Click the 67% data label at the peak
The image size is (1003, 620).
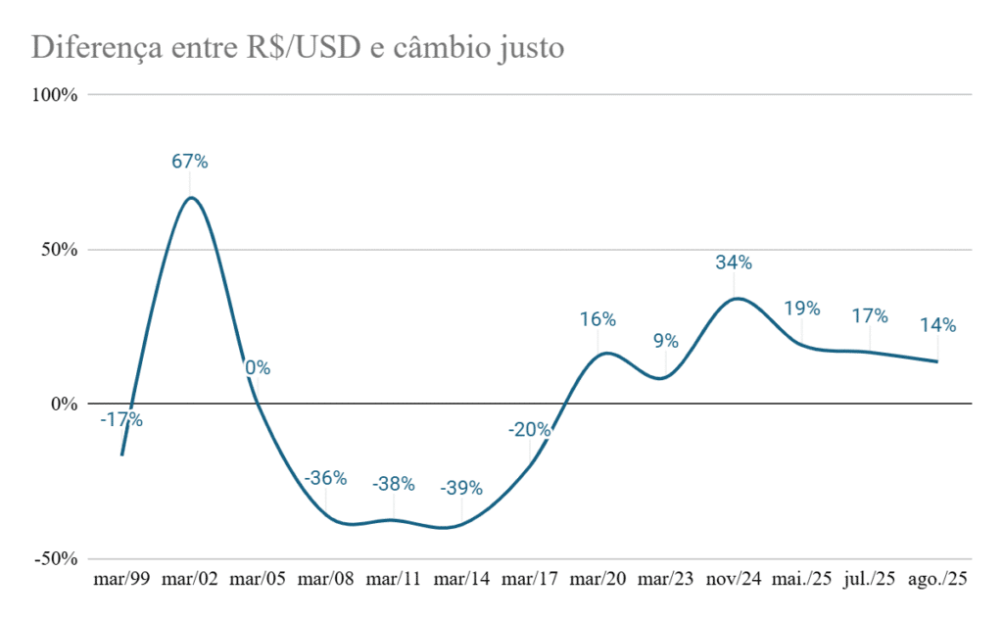(190, 162)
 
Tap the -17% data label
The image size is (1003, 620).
(121, 420)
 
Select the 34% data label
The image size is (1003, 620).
(734, 262)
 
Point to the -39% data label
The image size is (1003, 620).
(461, 488)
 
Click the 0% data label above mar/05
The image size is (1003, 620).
(258, 368)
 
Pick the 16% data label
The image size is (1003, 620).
(597, 319)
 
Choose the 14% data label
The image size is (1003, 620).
(937, 325)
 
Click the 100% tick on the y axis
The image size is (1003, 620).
(57, 95)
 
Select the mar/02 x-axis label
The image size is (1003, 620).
(190, 580)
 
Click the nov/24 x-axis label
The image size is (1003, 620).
(734, 580)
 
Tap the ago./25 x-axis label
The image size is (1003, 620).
(937, 580)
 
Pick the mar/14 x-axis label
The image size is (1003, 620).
(461, 580)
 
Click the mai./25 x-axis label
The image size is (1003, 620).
(801, 580)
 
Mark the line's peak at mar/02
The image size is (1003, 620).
(190, 198)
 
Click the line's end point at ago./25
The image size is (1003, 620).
(937, 361)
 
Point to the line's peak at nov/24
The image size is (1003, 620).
(736, 298)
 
